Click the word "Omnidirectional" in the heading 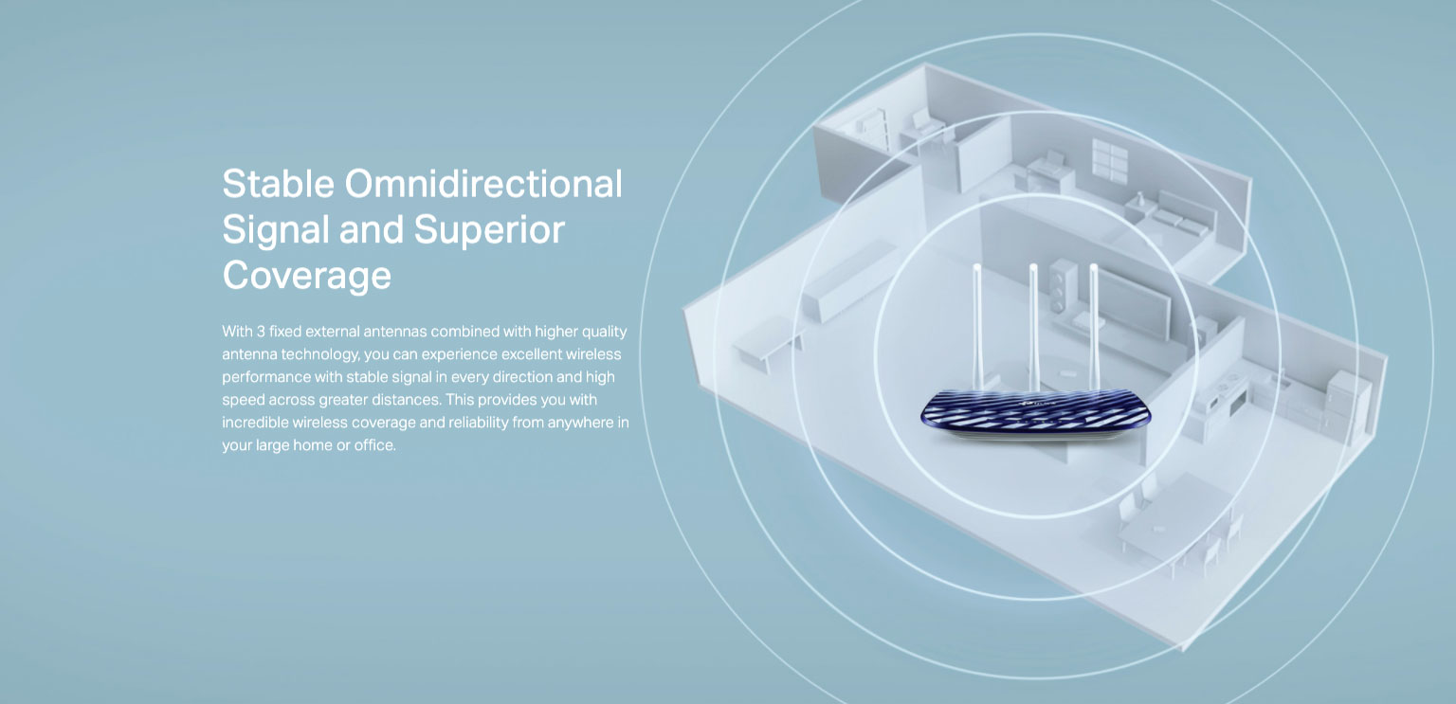[483, 184]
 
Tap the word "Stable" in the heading [278, 184]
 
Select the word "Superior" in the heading [489, 231]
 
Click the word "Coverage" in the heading [307, 277]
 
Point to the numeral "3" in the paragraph [261, 332]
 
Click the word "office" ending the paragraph [374, 445]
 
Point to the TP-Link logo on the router [1039, 406]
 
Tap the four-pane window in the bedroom [1110, 160]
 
